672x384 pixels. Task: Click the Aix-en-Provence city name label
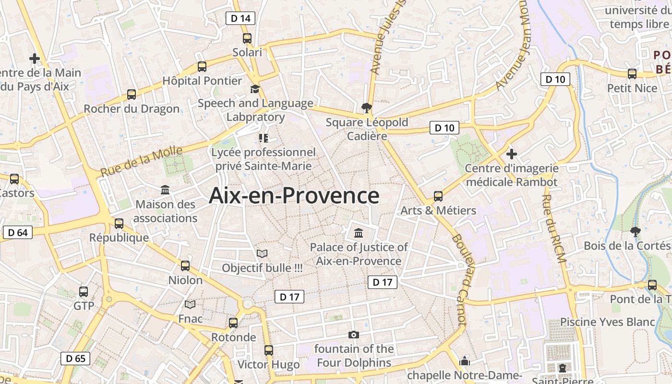(x=294, y=196)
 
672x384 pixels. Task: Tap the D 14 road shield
(x=240, y=18)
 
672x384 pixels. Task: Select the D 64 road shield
(x=18, y=233)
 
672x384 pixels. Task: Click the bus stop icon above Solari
(x=247, y=38)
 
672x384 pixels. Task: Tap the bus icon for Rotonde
(x=233, y=323)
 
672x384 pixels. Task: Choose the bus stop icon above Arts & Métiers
(x=438, y=196)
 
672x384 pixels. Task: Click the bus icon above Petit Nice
(x=632, y=74)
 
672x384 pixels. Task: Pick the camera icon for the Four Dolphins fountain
(x=354, y=335)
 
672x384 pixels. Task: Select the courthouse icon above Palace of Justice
(x=358, y=233)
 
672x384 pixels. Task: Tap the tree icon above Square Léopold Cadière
(x=367, y=108)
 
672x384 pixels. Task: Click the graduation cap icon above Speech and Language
(x=255, y=89)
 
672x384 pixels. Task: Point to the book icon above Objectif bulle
(x=262, y=253)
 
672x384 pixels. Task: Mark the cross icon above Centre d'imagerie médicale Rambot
(x=512, y=154)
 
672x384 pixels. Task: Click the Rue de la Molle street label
(x=141, y=162)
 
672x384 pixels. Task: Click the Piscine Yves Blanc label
(x=607, y=322)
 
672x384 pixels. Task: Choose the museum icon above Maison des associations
(x=166, y=190)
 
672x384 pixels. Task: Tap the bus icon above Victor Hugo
(x=269, y=350)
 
